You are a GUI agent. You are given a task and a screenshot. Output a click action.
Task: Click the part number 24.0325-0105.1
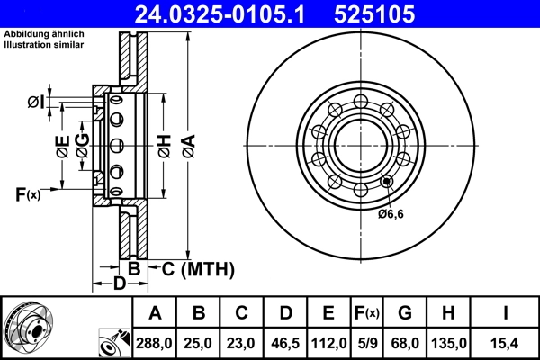pos(210,13)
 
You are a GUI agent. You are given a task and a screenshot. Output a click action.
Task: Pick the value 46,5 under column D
pos(284,342)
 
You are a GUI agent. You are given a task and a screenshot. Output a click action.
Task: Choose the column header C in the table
pos(241,312)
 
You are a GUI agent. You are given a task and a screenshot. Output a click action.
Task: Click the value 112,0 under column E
pos(328,342)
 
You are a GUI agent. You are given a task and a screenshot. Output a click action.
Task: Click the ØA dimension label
pos(187,146)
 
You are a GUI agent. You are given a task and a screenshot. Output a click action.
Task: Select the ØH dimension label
pos(164,146)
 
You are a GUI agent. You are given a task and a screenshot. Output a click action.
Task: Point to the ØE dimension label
pos(62,147)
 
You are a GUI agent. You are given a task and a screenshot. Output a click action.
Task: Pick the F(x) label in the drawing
pos(28,193)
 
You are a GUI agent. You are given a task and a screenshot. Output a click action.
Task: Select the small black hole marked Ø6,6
pos(387,182)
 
